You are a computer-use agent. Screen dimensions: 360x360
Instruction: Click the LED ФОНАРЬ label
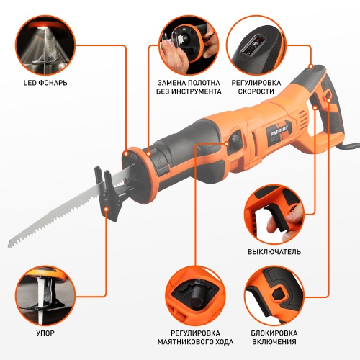point(45,83)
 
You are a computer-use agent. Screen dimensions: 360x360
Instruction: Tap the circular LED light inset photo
point(45,45)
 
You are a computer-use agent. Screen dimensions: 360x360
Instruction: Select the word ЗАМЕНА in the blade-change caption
point(171,83)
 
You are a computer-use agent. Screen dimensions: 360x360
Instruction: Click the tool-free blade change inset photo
point(189,45)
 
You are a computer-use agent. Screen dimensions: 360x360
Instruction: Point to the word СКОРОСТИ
point(256,91)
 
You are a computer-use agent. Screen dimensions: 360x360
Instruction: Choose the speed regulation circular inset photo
point(256,45)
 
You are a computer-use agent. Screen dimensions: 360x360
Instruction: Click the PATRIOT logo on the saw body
point(280,130)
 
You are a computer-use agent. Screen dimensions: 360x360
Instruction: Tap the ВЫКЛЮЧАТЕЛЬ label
point(274,252)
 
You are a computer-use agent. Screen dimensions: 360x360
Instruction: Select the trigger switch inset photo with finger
point(274,215)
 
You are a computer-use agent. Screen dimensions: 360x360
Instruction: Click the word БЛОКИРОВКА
point(274,333)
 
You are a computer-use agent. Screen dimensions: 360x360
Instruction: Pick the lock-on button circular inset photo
point(274,296)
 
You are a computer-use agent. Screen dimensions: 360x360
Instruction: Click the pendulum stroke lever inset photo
point(195,296)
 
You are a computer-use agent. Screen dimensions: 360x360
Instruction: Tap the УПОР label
point(45,333)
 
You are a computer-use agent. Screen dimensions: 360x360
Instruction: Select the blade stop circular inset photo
point(45,296)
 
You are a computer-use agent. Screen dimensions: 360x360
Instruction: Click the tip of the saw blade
point(9,247)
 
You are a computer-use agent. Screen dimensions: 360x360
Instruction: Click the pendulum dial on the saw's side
point(235,138)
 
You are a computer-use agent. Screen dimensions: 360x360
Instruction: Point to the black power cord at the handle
point(351,145)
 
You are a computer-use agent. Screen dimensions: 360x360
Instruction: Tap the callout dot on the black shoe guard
point(107,210)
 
